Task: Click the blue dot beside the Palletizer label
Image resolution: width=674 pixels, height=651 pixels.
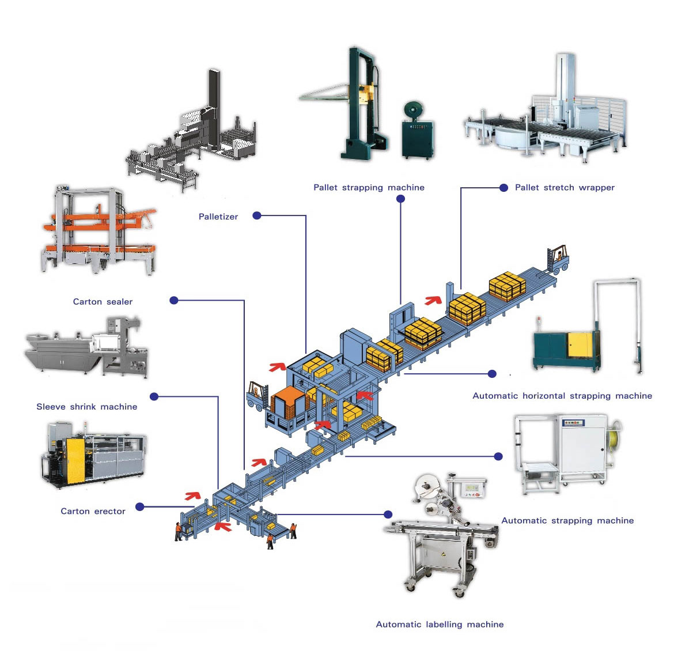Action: pos(257,215)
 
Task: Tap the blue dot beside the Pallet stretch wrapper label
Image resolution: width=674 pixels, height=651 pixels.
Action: pos(504,187)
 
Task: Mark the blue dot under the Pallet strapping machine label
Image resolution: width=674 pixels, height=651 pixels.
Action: pos(400,199)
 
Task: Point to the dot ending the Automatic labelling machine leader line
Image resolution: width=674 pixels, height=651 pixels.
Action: pos(388,514)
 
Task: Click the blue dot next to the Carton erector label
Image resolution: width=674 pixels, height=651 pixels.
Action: pos(140,507)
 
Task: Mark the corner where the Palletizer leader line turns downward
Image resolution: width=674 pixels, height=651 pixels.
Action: pos(306,215)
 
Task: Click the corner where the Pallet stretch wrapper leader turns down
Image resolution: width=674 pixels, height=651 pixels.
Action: pos(461,187)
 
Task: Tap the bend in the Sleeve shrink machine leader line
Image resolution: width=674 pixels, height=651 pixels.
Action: pos(218,396)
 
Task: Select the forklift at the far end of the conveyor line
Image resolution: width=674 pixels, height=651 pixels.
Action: pos(558,259)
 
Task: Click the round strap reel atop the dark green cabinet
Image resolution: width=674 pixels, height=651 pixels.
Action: pos(413,111)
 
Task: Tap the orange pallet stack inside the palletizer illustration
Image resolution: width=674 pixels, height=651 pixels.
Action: pos(289,402)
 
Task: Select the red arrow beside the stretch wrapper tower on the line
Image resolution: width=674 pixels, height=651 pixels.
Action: pos(433,300)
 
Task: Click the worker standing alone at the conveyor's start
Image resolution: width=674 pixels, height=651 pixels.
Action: pos(178,532)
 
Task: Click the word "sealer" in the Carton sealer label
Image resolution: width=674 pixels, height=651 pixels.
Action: pos(119,301)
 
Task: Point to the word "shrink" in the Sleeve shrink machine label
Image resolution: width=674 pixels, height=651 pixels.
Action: pos(84,406)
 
